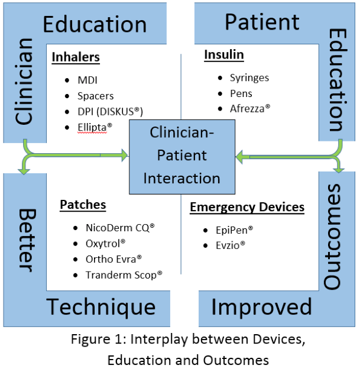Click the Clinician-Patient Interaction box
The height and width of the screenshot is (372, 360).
click(x=181, y=156)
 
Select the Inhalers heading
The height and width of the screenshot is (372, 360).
click(x=76, y=57)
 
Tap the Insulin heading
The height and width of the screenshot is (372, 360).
click(x=224, y=55)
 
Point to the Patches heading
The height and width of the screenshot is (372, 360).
click(x=83, y=205)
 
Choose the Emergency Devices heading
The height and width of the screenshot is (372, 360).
click(x=247, y=207)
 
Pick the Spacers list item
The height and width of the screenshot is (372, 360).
click(x=96, y=95)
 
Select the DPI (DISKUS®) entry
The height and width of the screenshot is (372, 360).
click(x=111, y=111)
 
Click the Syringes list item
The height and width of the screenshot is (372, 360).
click(x=249, y=77)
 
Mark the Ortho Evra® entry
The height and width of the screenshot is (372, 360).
click(x=114, y=259)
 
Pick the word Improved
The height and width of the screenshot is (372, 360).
click(x=261, y=307)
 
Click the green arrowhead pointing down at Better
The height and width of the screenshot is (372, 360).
click(x=24, y=170)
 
